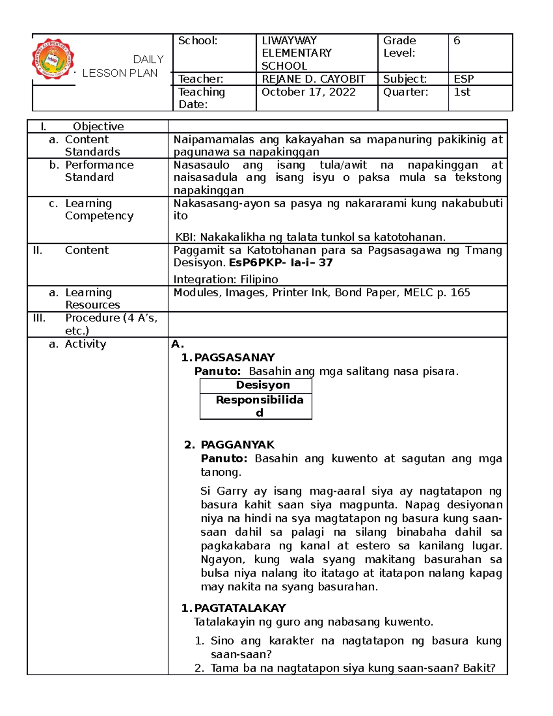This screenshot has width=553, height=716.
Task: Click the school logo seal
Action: click(x=53, y=59)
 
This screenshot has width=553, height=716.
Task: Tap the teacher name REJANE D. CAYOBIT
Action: click(x=313, y=79)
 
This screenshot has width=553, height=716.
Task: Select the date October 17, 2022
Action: click(x=308, y=92)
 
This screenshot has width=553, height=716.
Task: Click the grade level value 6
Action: click(x=457, y=41)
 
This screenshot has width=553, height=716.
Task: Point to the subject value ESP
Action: click(x=464, y=79)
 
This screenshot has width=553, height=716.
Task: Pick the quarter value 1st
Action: click(x=462, y=92)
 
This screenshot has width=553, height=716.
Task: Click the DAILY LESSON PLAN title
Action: click(x=122, y=66)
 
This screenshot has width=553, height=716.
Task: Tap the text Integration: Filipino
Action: click(x=225, y=279)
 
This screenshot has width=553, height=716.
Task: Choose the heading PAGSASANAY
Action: click(x=234, y=357)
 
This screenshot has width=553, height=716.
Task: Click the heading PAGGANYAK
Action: click(x=237, y=444)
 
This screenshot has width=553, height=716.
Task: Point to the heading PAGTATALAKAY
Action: click(x=240, y=608)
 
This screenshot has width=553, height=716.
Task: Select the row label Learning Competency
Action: click(x=99, y=209)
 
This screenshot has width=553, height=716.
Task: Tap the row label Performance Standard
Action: click(x=99, y=171)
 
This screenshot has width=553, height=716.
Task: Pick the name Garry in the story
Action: click(x=232, y=491)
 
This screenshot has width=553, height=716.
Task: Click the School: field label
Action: click(x=198, y=41)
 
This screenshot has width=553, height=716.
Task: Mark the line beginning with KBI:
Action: click(x=310, y=237)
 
